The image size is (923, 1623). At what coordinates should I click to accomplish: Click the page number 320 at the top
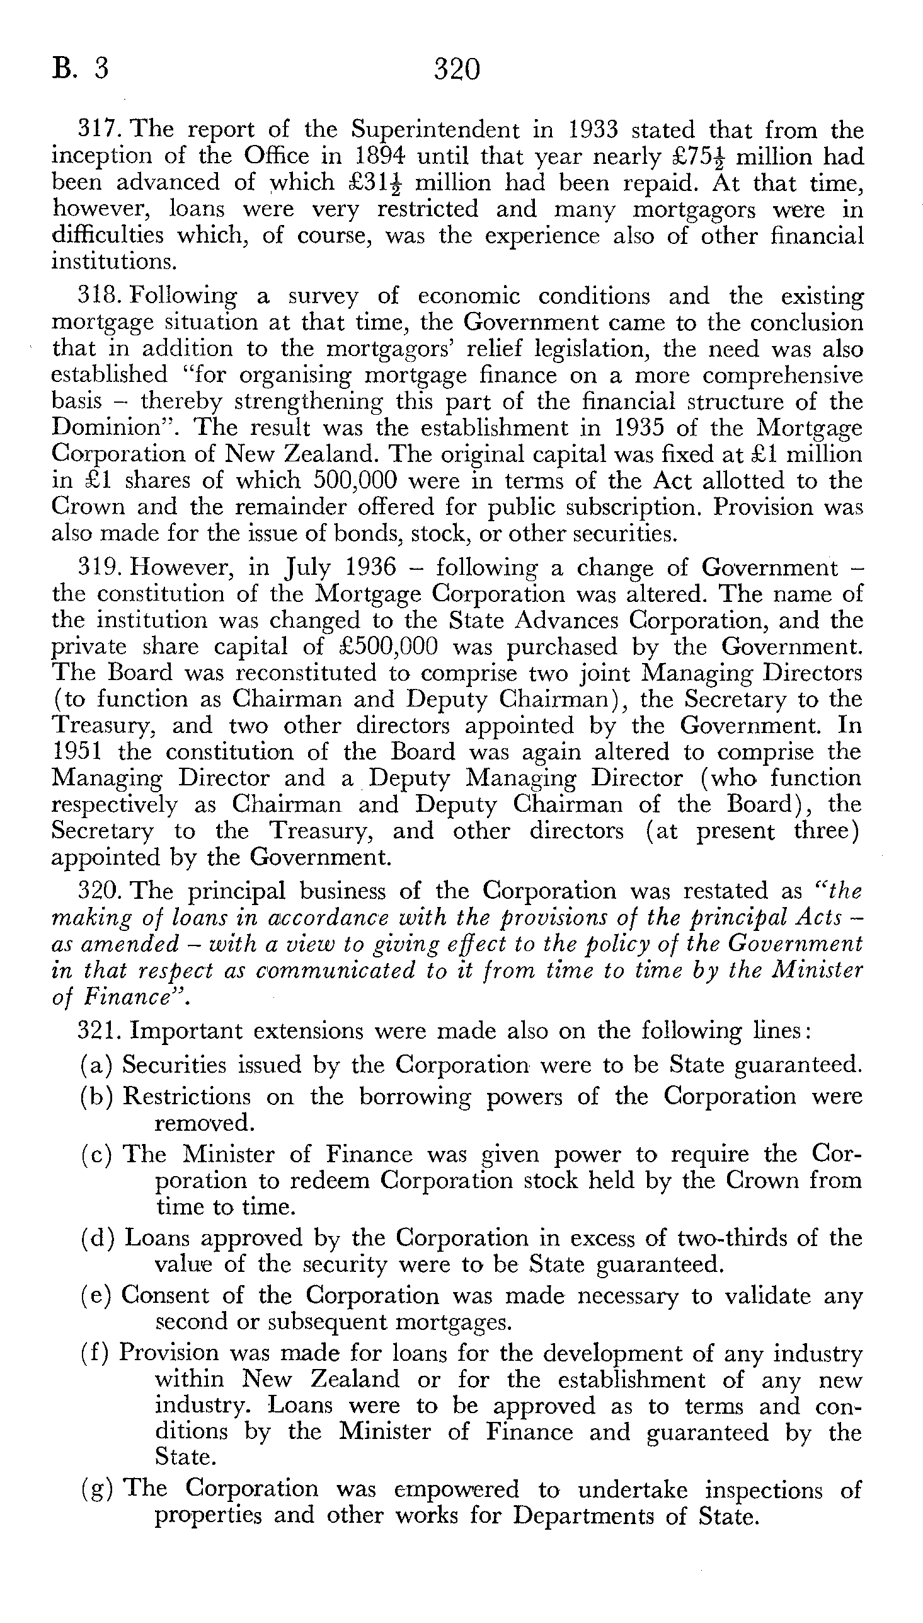[456, 69]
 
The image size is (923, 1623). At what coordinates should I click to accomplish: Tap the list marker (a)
[96, 1065]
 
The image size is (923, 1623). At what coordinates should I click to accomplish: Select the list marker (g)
[96, 1489]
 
